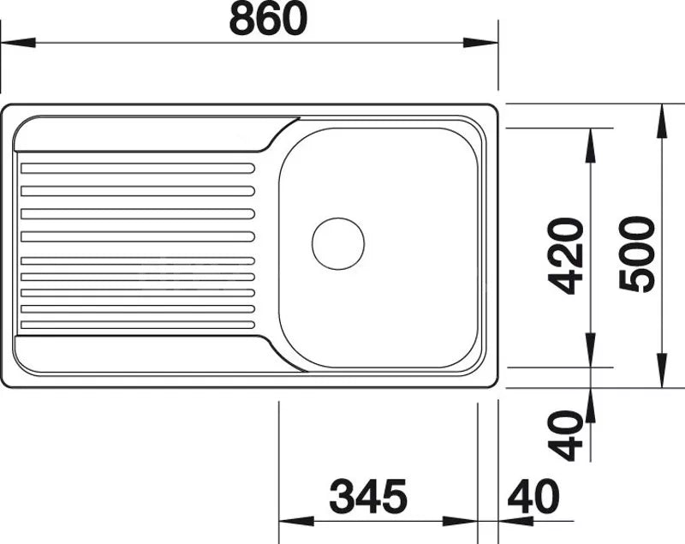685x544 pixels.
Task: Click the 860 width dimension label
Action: tap(268, 20)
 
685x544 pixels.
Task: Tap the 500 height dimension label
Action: tap(637, 254)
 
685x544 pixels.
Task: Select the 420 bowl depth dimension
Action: tap(566, 256)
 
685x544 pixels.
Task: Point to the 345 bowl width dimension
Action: tap(368, 496)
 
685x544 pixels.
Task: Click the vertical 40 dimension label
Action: tap(566, 435)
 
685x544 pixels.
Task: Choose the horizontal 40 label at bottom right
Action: tap(533, 496)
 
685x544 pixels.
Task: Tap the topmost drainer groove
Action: tap(138, 168)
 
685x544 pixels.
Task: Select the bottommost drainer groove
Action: tap(138, 325)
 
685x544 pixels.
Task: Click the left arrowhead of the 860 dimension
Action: tap(18, 43)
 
